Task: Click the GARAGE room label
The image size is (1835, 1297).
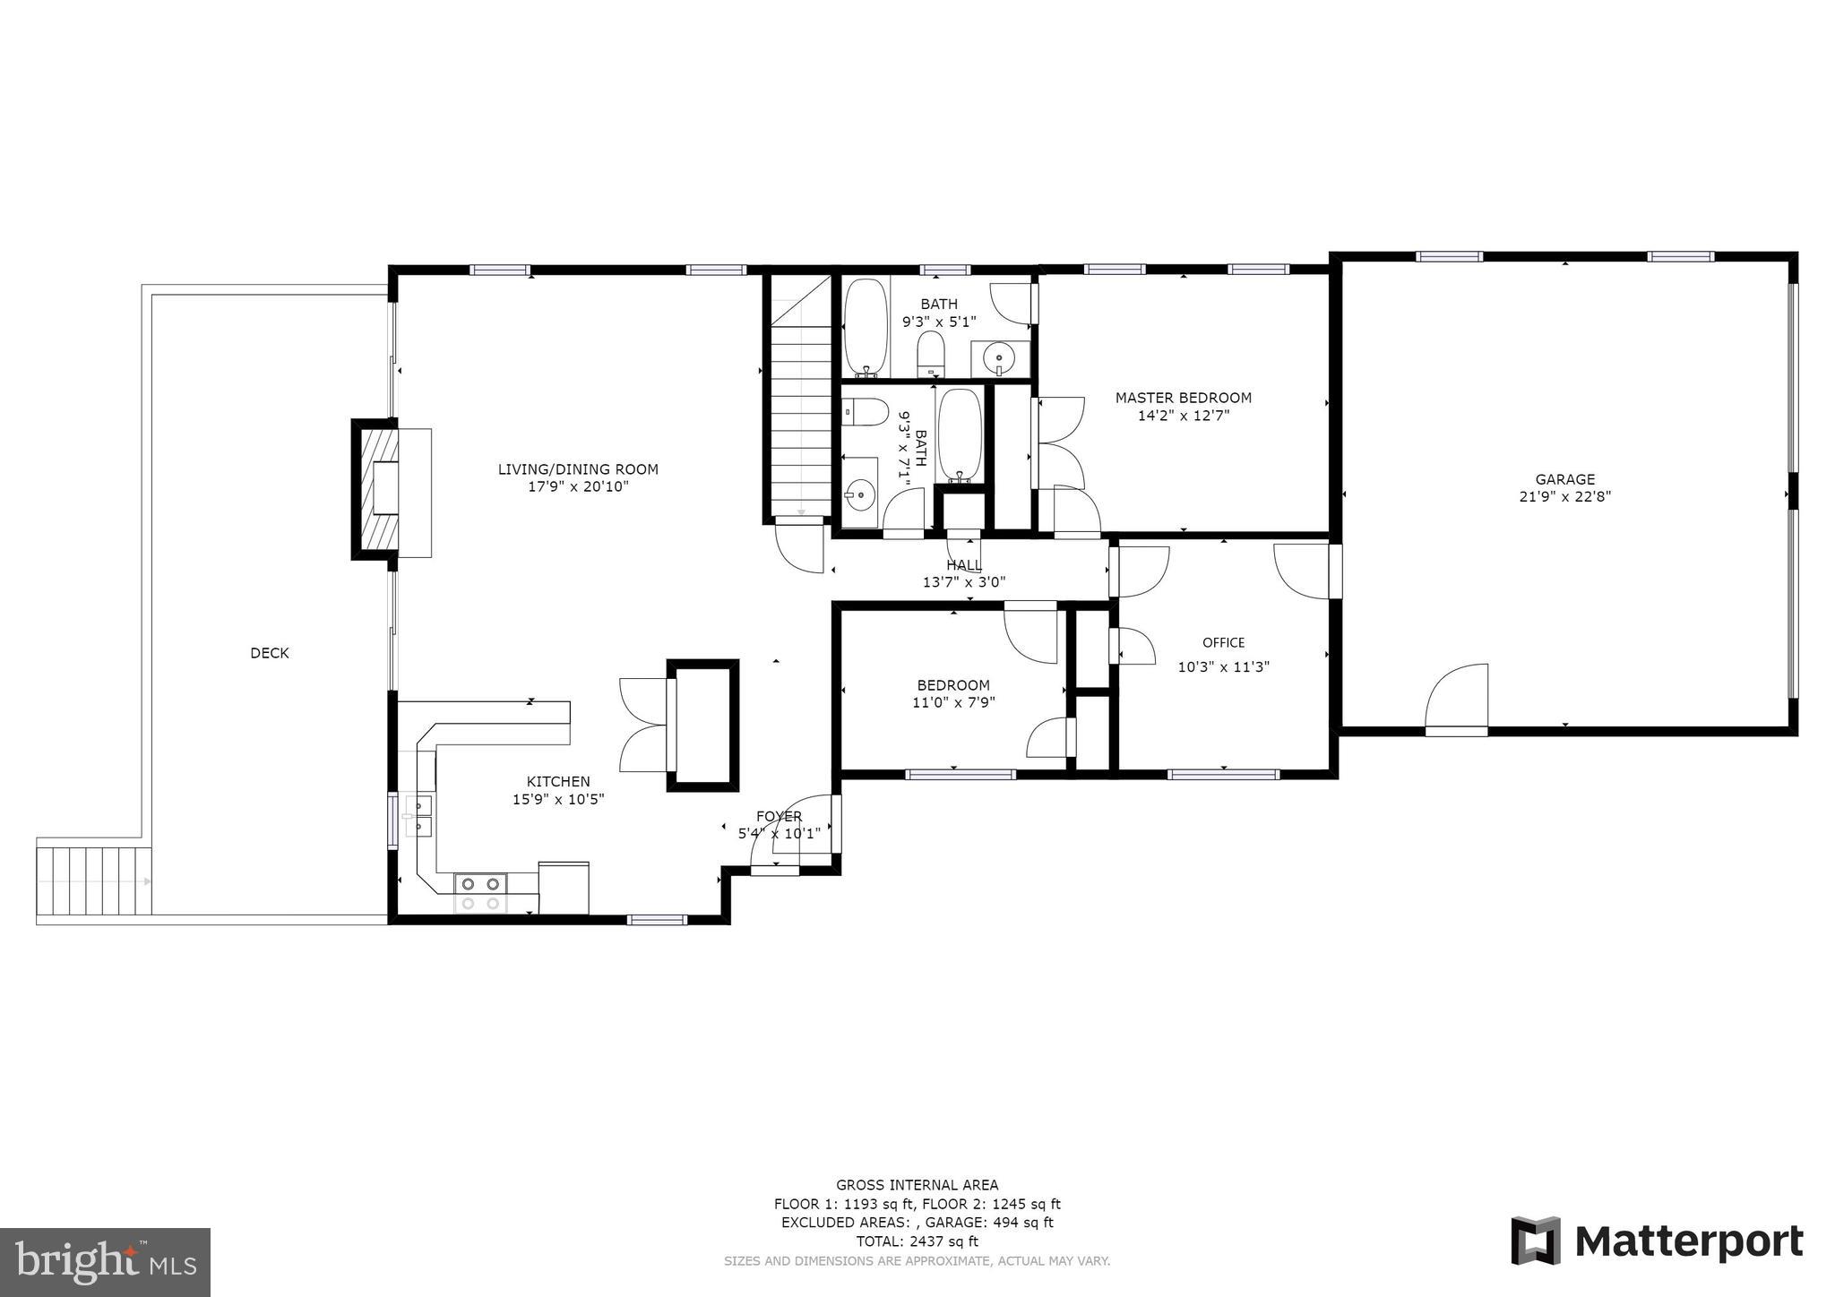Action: pyautogui.click(x=1564, y=479)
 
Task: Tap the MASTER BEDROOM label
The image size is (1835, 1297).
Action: pyautogui.click(x=1183, y=398)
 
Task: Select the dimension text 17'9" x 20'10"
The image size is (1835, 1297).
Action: pyautogui.click(x=578, y=486)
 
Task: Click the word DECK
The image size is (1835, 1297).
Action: pyautogui.click(x=269, y=653)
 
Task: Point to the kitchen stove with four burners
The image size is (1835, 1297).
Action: pyautogui.click(x=480, y=892)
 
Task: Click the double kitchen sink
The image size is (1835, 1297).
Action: pyautogui.click(x=418, y=815)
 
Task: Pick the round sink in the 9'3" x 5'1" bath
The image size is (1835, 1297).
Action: pyautogui.click(x=999, y=359)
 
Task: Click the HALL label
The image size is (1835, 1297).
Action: pyautogui.click(x=963, y=565)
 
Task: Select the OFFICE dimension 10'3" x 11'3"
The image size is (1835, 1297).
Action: pyautogui.click(x=1223, y=666)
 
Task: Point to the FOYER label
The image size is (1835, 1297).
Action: pyautogui.click(x=779, y=816)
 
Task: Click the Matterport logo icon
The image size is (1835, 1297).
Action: pyautogui.click(x=1536, y=1241)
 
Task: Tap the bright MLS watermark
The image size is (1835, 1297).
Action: pyautogui.click(x=105, y=1262)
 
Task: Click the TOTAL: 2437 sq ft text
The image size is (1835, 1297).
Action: pyautogui.click(x=917, y=1241)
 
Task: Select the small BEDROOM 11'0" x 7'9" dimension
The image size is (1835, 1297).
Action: pyautogui.click(x=952, y=702)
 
